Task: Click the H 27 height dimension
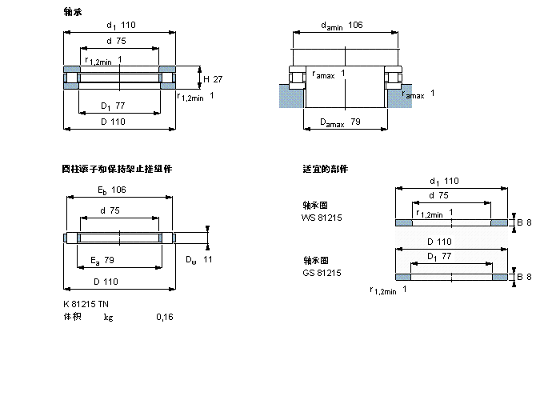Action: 212,78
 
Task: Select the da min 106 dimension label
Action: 342,26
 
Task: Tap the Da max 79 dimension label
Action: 341,122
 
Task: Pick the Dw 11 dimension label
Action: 198,260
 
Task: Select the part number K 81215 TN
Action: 86,303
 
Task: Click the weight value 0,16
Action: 164,317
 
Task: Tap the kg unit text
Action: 108,317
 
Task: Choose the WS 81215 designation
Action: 321,218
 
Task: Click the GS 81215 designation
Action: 321,273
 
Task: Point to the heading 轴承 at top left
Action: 72,12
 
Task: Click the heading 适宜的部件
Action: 325,169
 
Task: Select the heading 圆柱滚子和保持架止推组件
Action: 117,169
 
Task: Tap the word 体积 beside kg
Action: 72,317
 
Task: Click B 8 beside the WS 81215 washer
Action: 524,222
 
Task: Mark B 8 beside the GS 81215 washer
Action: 524,277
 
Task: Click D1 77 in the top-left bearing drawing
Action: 113,106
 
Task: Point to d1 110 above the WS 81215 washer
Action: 445,181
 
